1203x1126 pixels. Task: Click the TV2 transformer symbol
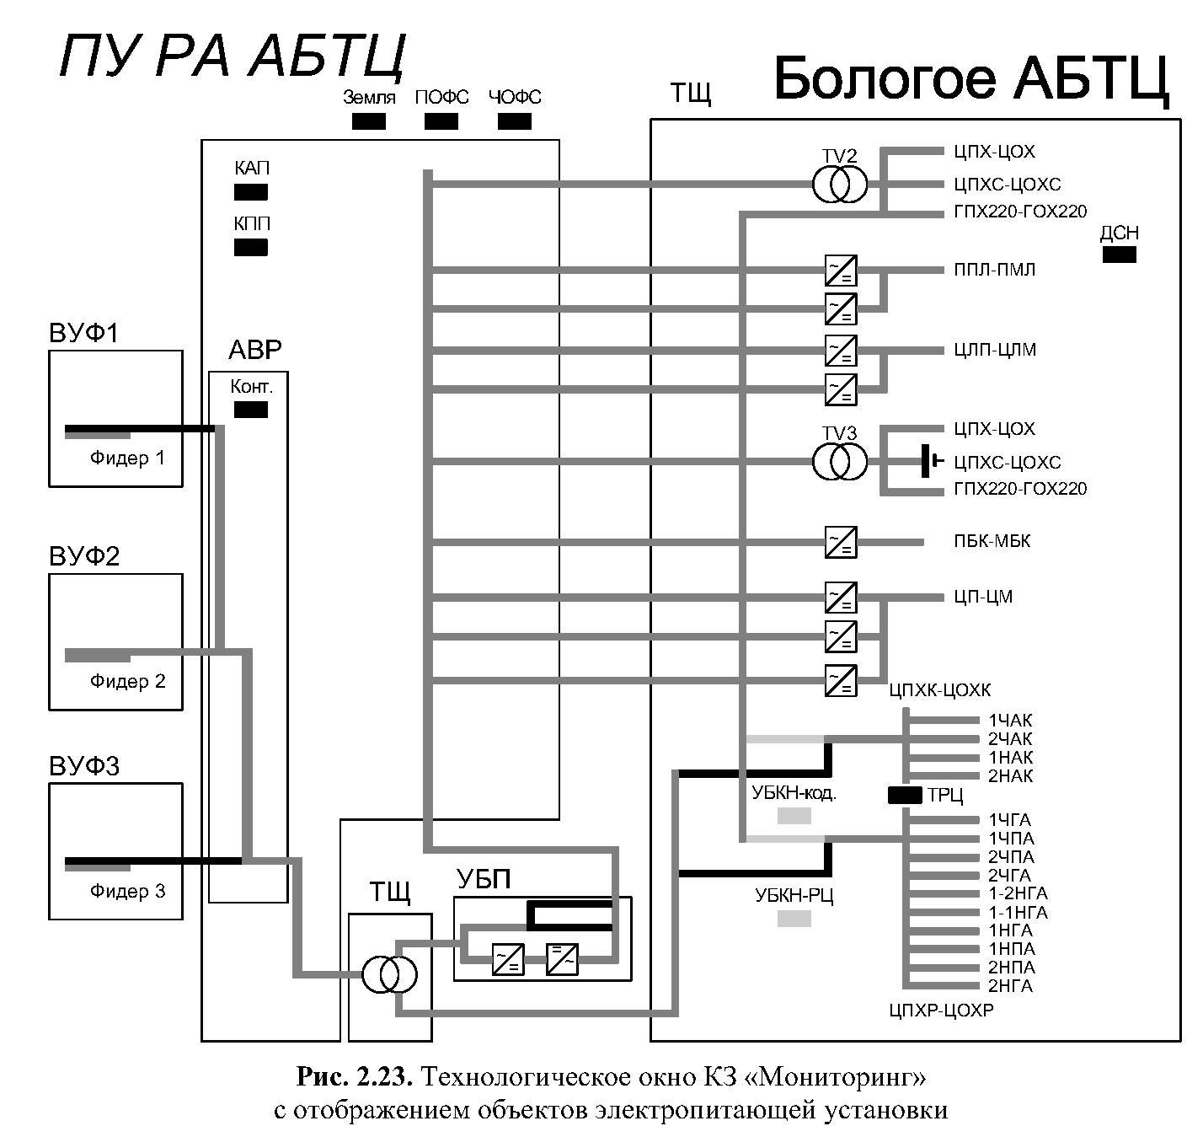839,185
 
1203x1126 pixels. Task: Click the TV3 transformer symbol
839,462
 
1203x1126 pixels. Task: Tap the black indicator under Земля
368,121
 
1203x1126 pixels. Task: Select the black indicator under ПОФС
441,121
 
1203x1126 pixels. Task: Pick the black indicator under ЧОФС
515,121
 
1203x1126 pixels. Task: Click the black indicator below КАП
251,192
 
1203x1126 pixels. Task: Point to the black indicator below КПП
251,248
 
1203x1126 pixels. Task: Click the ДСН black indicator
1119,255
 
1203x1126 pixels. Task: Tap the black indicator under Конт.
251,410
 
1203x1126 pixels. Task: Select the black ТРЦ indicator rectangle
906,795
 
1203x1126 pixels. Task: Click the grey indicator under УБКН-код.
794,816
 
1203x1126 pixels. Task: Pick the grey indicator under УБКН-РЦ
794,919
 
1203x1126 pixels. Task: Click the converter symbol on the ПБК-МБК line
841,542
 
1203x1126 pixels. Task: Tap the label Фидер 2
128,681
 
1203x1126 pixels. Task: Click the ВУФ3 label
84,766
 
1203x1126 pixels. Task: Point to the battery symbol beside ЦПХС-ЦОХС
930,461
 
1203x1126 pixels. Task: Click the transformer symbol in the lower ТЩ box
389,974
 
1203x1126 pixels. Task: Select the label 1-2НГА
1018,893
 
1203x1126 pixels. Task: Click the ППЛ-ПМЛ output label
995,270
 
